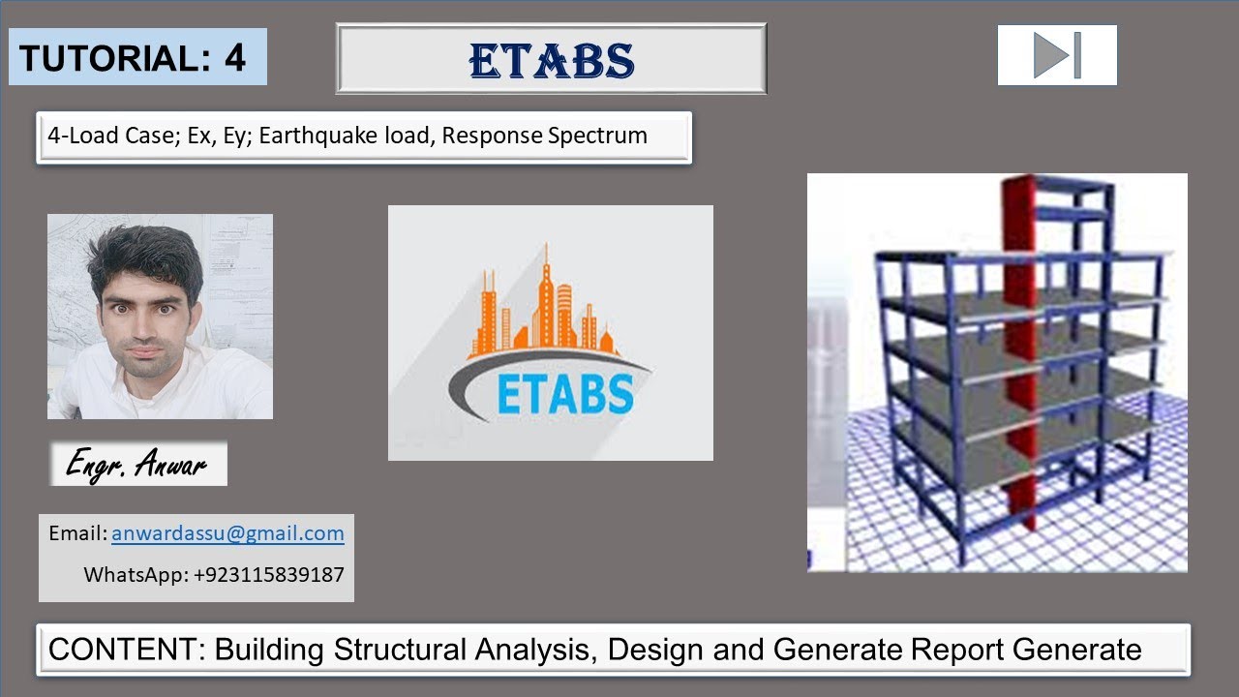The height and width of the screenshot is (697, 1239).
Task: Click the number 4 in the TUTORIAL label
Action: click(x=235, y=58)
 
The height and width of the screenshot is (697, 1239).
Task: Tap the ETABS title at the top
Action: click(x=552, y=60)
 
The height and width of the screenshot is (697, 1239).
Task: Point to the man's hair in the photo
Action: click(x=145, y=254)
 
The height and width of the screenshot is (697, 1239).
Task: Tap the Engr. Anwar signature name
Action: click(x=136, y=466)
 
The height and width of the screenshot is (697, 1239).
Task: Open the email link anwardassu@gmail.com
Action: click(x=227, y=533)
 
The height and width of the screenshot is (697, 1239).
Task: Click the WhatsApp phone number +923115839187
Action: click(x=269, y=574)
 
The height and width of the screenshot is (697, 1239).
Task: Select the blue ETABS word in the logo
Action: click(x=566, y=395)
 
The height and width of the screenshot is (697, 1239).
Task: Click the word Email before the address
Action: click(x=76, y=533)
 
